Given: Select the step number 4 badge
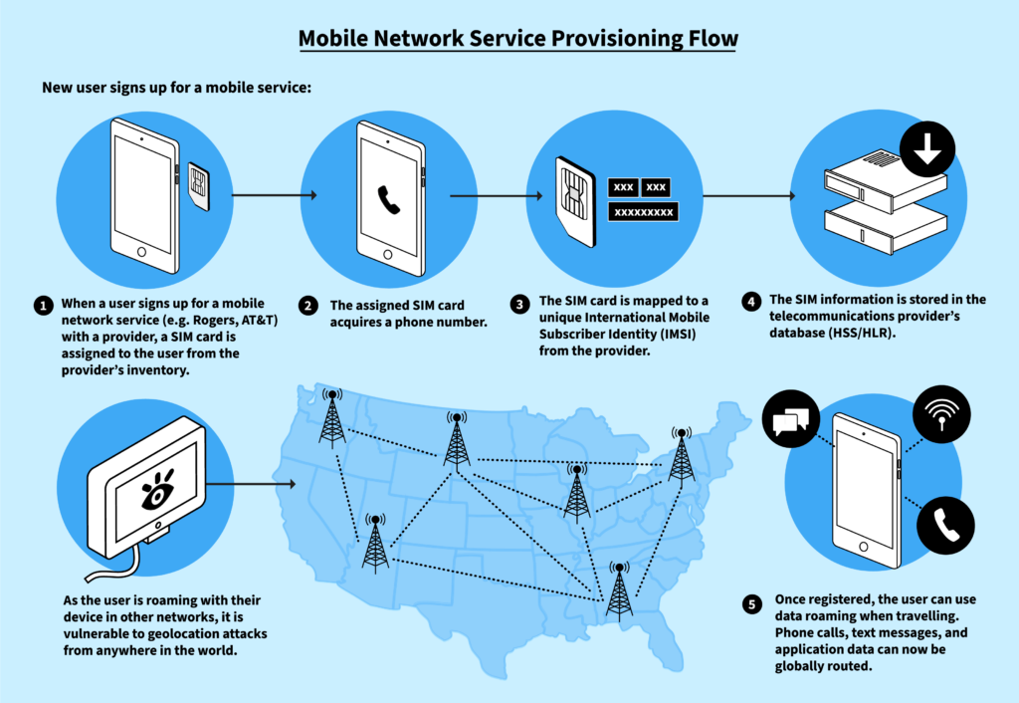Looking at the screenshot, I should coord(750,300).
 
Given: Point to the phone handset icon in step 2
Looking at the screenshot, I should coord(388,198).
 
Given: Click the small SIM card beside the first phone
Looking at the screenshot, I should coord(198,183).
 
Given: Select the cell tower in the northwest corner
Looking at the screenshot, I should coord(332,418).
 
